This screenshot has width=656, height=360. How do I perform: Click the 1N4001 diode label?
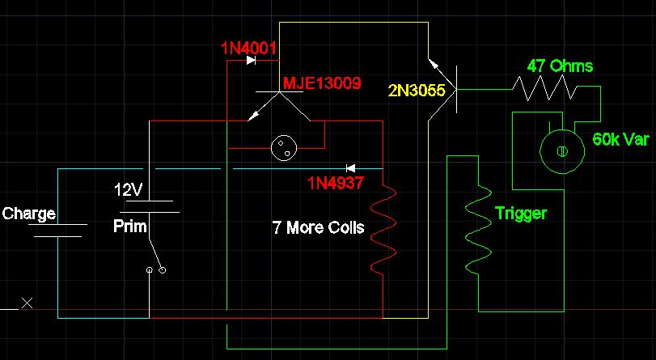click(248, 49)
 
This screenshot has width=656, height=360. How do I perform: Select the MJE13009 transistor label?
click(322, 83)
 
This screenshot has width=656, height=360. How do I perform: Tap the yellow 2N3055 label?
click(417, 91)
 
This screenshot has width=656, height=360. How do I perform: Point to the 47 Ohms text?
click(560, 66)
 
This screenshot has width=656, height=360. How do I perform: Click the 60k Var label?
click(621, 139)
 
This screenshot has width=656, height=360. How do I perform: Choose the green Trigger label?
click(521, 214)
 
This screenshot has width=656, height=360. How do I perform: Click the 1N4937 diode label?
click(336, 183)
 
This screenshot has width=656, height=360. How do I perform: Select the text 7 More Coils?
click(318, 227)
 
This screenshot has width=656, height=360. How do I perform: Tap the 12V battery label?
click(128, 190)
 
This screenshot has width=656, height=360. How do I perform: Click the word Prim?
click(130, 227)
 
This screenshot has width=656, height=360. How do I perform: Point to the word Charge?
click(29, 214)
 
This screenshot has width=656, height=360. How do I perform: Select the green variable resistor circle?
click(562, 151)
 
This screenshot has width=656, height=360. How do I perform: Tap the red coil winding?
click(383, 228)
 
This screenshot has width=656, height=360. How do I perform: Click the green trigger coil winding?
click(478, 230)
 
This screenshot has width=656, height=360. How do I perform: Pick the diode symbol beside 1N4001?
click(251, 61)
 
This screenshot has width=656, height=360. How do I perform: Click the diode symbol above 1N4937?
click(350, 168)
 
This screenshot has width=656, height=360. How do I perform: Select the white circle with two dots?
click(284, 148)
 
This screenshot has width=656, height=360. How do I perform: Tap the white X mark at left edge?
click(28, 303)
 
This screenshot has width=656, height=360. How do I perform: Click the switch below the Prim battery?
click(155, 256)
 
